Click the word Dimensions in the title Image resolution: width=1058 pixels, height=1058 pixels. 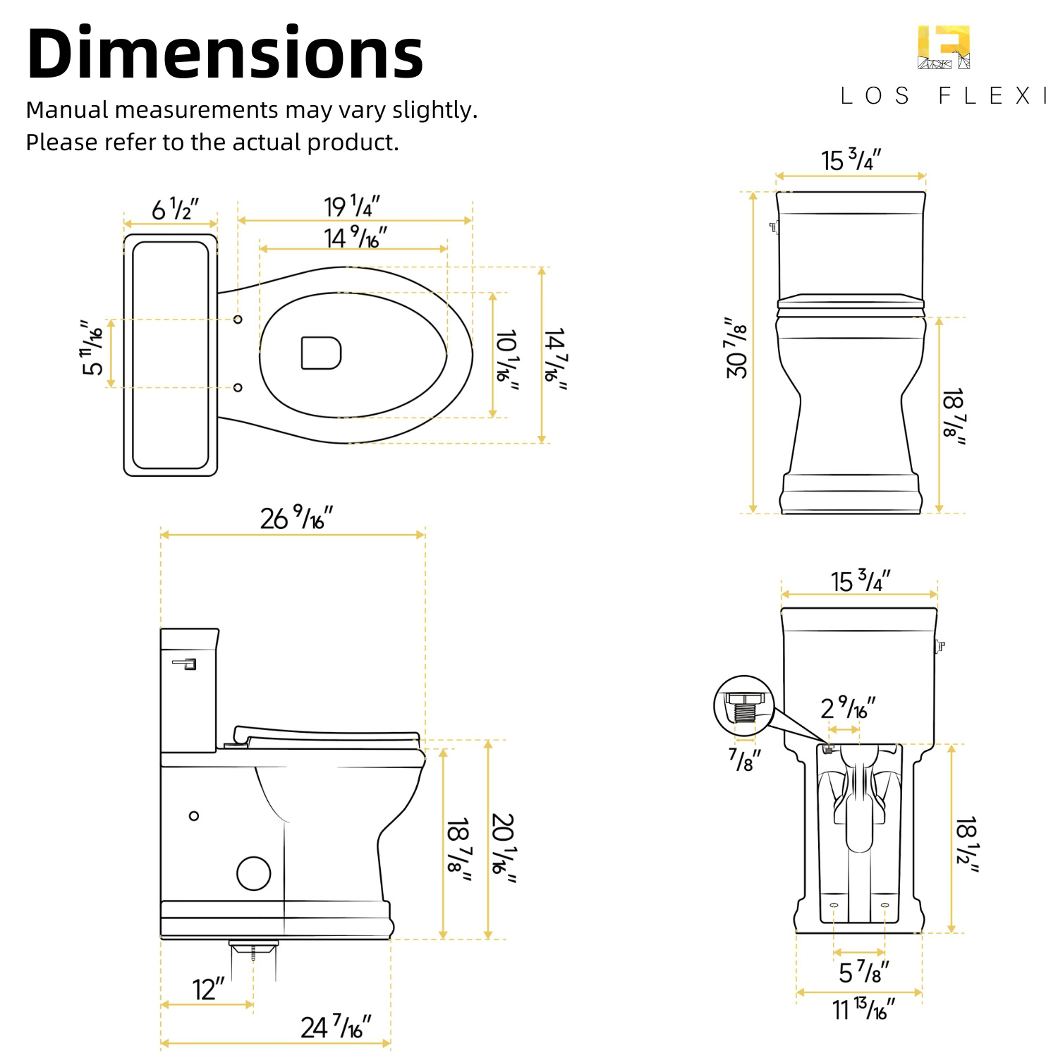point(225,54)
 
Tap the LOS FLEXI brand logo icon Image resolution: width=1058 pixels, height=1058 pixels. point(944,47)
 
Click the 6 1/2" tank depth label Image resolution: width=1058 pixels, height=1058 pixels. point(175,209)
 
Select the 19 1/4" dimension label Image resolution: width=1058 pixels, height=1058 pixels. point(352,206)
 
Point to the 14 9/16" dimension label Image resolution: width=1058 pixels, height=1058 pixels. point(355,238)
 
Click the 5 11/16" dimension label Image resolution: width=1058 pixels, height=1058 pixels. point(92,348)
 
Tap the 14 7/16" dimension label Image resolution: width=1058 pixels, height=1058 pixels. point(555,359)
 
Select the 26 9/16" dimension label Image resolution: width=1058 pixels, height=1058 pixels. point(296,518)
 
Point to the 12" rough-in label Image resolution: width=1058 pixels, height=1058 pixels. point(208,989)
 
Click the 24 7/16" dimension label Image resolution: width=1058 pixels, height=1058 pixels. point(336,1027)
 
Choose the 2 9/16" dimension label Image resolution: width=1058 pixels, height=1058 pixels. point(848,707)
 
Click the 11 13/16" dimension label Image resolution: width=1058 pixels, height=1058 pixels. point(863,1009)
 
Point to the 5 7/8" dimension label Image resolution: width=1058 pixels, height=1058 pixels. point(863,972)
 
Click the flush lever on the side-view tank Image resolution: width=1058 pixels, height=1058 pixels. point(185,663)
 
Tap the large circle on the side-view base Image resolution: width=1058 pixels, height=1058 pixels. point(254,873)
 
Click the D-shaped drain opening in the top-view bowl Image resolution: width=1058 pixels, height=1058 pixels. point(321,353)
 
